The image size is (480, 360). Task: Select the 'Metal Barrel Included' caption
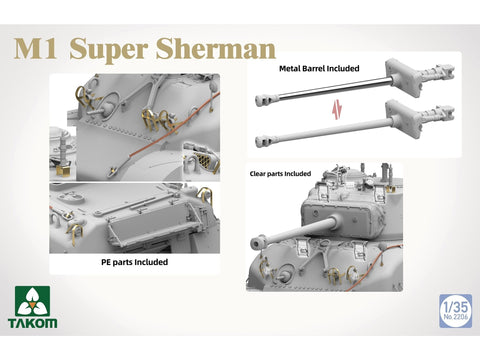319,69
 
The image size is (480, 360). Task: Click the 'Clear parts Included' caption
281,174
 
